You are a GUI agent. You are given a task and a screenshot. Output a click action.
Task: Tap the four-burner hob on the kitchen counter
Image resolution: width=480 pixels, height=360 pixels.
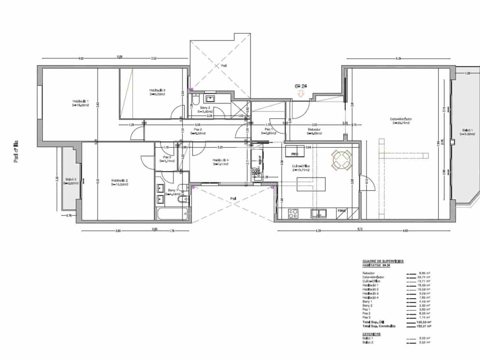click(x=293, y=213)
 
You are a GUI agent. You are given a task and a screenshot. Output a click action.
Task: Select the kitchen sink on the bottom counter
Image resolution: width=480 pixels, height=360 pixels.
click(x=319, y=213)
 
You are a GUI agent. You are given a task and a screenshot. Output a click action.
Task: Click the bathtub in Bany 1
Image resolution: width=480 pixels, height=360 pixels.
click(x=172, y=214)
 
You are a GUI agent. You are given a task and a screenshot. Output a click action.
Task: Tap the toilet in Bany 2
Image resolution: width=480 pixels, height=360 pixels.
click(x=195, y=99)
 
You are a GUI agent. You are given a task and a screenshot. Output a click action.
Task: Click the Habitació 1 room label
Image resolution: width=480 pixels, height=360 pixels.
click(x=80, y=103)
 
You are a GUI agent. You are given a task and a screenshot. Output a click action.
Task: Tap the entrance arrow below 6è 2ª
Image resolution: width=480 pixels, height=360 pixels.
click(x=301, y=94)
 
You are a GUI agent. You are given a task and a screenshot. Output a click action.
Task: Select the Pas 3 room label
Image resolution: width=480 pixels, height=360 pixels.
click(x=167, y=159)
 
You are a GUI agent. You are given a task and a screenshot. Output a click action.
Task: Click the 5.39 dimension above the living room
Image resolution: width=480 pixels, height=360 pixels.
click(x=398, y=59)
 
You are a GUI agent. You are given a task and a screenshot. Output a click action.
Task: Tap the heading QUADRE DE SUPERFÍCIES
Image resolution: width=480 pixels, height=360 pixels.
click(x=383, y=261)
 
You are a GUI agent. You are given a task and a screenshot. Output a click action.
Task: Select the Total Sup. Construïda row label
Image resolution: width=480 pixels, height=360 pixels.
click(x=379, y=326)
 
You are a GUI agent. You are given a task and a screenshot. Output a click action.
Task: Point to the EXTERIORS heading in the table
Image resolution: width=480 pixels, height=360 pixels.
click(x=371, y=334)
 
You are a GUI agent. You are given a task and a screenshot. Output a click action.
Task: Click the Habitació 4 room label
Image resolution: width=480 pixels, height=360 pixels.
click(x=220, y=162)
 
